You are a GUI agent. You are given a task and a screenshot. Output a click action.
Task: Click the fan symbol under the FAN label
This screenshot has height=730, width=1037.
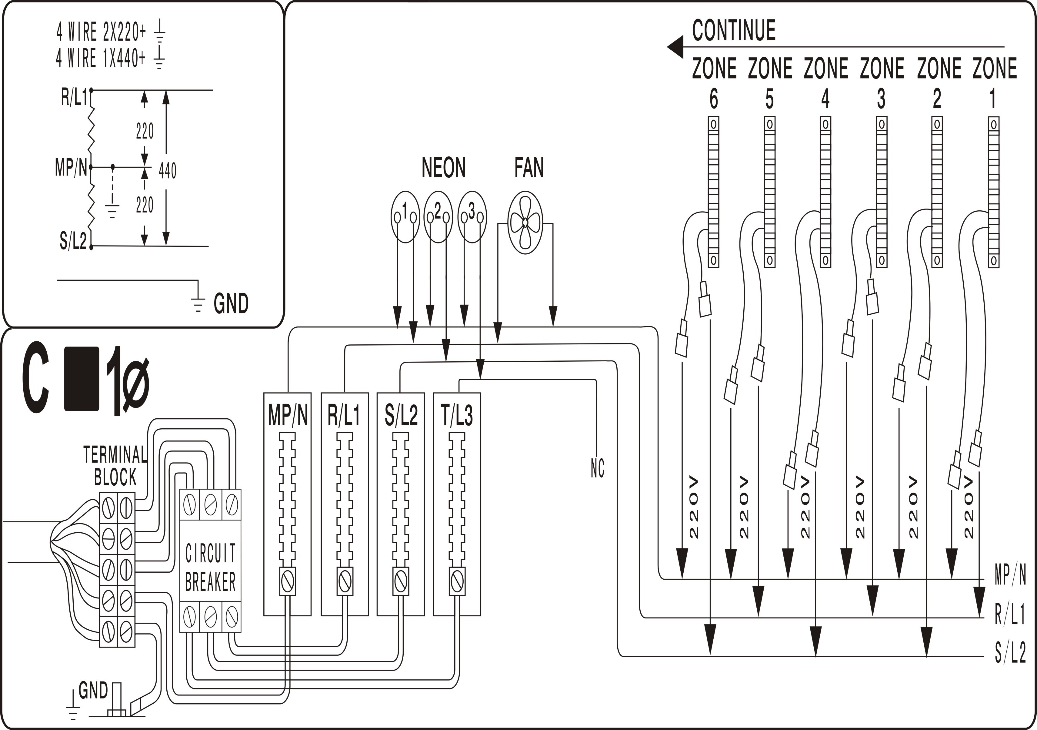pyautogui.click(x=525, y=222)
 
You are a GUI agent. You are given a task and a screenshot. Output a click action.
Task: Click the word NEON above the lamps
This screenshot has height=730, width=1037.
pyautogui.click(x=443, y=168)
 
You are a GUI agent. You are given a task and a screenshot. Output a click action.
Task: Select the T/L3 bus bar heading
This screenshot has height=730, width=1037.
pyautogui.click(x=457, y=416)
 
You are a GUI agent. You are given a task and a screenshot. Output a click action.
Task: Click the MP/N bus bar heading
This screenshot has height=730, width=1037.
pyautogui.click(x=288, y=416)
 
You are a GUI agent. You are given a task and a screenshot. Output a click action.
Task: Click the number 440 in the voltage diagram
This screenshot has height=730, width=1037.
pyautogui.click(x=168, y=170)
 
